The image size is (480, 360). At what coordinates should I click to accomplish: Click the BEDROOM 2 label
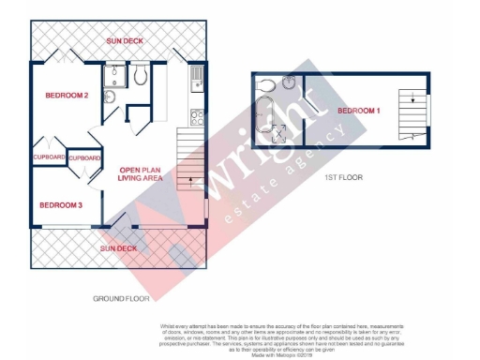click(x=67, y=96)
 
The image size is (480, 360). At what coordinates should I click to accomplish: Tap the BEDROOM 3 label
click(x=61, y=205)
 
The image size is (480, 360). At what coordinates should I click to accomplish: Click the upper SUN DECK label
click(x=125, y=41)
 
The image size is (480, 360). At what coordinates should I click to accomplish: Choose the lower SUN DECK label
click(x=119, y=248)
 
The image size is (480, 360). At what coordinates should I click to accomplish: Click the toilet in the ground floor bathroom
click(x=139, y=75)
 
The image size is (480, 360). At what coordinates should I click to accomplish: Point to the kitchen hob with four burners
click(x=197, y=118)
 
